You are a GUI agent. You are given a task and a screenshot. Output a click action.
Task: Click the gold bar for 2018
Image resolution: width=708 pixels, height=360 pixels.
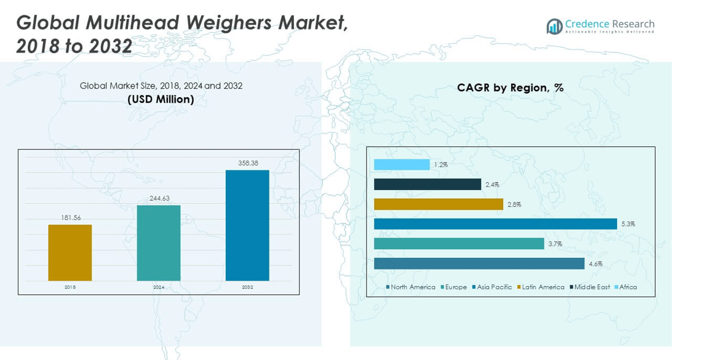tap(70, 252)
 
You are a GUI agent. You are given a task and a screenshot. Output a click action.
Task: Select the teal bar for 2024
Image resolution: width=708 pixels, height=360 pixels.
tap(159, 242)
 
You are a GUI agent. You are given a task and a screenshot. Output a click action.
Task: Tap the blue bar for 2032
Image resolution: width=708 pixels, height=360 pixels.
tap(247, 225)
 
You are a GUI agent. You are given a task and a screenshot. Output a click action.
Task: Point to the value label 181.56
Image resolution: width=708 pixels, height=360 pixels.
tap(70, 218)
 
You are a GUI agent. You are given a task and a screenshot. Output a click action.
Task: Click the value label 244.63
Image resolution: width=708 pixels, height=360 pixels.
tap(159, 198)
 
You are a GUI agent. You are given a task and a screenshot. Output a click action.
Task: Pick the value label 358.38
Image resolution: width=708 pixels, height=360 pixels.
tap(247, 163)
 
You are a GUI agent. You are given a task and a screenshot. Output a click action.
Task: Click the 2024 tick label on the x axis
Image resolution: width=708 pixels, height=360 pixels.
tap(159, 287)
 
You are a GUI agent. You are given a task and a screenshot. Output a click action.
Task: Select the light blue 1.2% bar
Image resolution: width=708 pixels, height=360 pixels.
tap(402, 165)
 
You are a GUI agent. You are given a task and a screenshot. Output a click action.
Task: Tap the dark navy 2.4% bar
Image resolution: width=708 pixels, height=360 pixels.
tap(428, 185)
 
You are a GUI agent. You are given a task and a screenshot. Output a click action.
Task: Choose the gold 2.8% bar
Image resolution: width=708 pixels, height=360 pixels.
tap(439, 204)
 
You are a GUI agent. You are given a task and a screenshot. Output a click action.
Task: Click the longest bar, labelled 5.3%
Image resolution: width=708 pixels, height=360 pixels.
tap(495, 224)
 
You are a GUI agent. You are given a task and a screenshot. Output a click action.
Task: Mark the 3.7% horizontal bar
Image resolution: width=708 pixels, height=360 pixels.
tap(459, 244)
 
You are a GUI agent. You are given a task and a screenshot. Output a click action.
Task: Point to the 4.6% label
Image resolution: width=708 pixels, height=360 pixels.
tap(595, 264)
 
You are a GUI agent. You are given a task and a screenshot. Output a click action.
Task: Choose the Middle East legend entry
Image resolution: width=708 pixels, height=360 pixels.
tap(591, 287)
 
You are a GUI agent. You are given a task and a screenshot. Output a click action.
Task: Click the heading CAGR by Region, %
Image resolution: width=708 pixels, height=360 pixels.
tap(510, 88)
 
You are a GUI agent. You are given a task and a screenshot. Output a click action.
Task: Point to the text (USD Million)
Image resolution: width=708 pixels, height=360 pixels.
tap(161, 100)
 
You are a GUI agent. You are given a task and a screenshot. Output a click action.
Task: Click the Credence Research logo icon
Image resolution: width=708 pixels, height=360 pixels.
tap(554, 26)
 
